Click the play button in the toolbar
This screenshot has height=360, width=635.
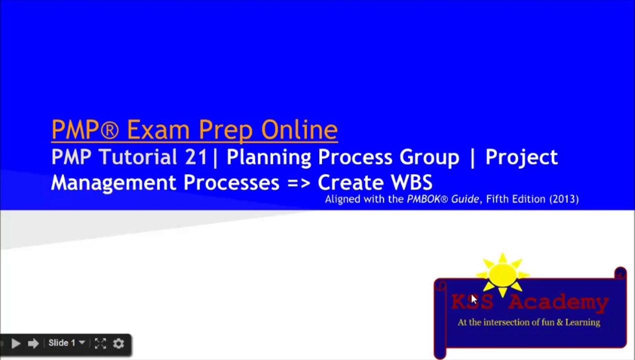click(15, 343)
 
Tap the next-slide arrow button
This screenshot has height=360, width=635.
click(33, 343)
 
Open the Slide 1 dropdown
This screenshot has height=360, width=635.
click(66, 343)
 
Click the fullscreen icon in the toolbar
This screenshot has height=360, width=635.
click(100, 343)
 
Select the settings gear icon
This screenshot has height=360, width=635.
click(118, 343)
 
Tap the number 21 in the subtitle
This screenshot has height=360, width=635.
click(195, 157)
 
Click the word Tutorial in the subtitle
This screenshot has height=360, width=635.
click(139, 157)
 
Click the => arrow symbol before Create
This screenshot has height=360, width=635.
click(299, 183)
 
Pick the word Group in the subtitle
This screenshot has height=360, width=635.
click(429, 157)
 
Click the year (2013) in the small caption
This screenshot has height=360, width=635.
click(564, 199)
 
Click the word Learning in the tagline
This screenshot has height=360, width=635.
click(582, 322)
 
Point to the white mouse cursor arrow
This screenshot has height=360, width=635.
click(473, 299)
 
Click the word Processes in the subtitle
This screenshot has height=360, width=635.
click(231, 182)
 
